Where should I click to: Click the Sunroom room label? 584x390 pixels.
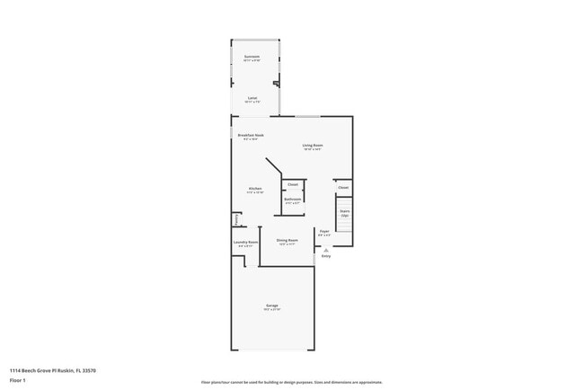pos(252,57)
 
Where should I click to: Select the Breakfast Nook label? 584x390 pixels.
pos(251,136)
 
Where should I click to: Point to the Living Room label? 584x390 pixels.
pos(312,145)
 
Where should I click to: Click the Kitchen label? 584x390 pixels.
pos(255,189)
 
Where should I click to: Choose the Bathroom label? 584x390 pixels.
pos(293,199)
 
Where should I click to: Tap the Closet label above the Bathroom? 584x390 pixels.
pos(293,184)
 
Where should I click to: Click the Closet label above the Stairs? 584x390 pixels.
pos(343,188)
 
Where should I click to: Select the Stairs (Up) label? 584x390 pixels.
pos(344,213)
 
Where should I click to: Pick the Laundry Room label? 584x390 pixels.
pos(246,242)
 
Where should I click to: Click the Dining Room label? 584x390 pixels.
pos(288,240)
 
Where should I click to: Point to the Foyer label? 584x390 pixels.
pos(324,232)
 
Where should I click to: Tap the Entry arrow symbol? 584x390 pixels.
pos(325,251)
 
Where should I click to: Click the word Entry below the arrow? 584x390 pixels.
pos(325,257)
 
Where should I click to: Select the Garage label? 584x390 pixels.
pos(272,306)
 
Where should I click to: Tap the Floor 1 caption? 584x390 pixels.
pos(19,380)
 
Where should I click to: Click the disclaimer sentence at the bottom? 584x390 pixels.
pos(291,381)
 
